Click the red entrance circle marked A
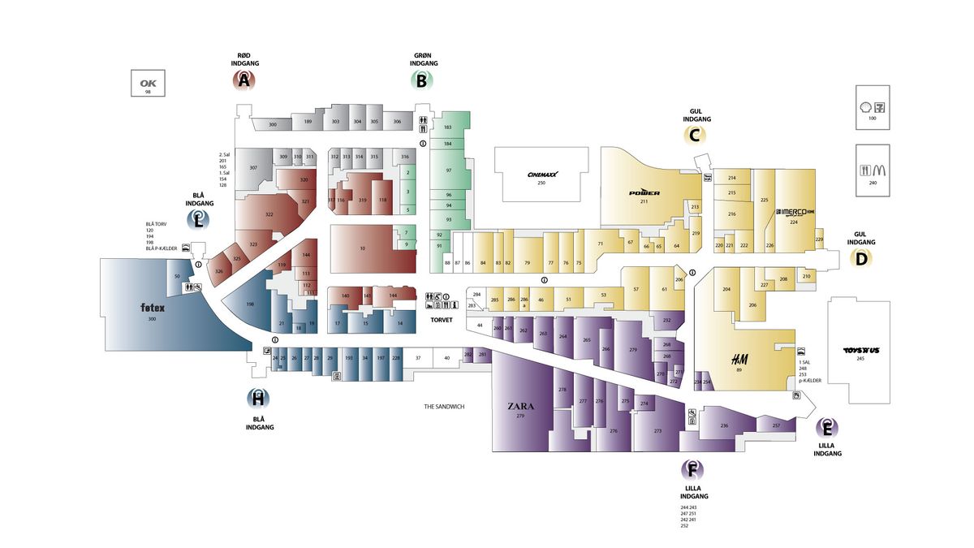244,80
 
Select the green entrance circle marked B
421,80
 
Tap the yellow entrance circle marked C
695,136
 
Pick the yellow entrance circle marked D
861,259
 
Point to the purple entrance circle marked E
827,427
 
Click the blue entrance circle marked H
258,399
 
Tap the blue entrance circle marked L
198,218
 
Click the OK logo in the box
148,83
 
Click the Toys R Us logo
861,351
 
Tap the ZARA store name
520,406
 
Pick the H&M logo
739,359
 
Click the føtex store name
152,309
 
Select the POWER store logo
644,192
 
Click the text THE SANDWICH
444,406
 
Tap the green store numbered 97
448,170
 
